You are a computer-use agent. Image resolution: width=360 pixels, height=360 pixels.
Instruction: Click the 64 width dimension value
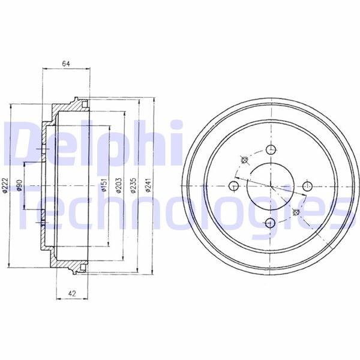(66, 64)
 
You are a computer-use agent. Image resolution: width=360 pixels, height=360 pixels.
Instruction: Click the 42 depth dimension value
(72, 293)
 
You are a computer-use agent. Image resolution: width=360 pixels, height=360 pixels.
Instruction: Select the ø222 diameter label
(5, 185)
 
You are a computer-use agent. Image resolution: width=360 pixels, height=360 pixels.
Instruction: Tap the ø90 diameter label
(20, 185)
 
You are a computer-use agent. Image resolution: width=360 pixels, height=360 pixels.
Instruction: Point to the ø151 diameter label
(104, 185)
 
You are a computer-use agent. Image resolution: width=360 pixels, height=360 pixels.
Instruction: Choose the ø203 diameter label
(119, 185)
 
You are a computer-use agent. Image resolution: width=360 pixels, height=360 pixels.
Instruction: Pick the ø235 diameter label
(134, 185)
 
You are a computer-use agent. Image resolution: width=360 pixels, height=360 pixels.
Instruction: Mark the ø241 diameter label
(148, 185)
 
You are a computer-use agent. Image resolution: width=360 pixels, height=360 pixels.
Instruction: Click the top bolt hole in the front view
(271, 149)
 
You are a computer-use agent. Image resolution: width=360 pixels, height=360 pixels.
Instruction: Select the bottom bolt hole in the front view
(270, 223)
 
